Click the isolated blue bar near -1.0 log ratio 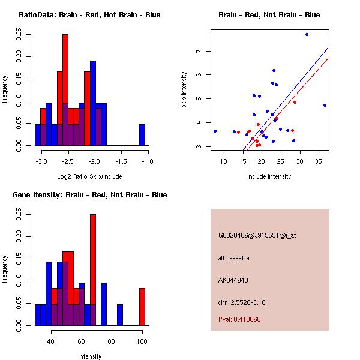click(142, 134)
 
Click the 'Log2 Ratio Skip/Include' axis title click(89, 176)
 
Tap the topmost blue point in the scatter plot click(307, 34)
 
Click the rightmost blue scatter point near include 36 click(325, 105)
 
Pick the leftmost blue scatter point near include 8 click(215, 131)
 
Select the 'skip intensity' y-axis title click(184, 90)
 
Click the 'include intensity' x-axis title click(269, 176)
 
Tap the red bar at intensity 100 click(142, 307)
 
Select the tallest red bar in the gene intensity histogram click(93, 270)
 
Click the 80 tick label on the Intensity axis click(112, 342)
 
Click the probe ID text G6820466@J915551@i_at click(257, 235)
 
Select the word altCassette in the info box click(233, 258)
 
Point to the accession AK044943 click(233, 280)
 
